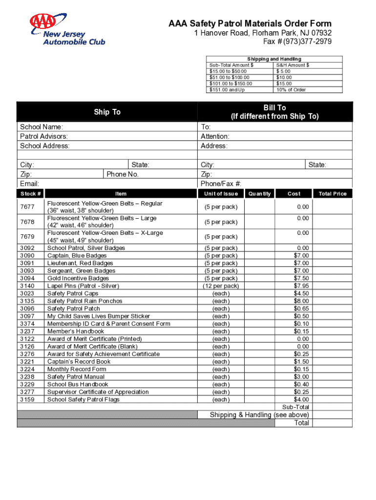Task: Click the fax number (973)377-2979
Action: (297, 42)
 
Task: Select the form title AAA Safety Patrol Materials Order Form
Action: (250, 23)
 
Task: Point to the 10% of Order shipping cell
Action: (291, 90)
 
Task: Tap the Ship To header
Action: (107, 112)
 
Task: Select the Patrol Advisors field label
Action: (44, 136)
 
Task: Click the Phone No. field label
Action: (123, 174)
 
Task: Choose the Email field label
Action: (29, 184)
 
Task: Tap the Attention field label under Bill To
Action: (215, 136)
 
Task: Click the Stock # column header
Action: (30, 194)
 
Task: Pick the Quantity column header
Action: (259, 194)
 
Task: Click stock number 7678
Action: (27, 222)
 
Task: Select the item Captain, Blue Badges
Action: (77, 255)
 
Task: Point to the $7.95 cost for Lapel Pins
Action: (301, 286)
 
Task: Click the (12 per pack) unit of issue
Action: (221, 286)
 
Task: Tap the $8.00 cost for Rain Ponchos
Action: (301, 301)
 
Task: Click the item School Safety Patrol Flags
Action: (83, 399)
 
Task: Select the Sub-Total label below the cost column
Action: (295, 407)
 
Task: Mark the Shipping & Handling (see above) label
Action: (259, 415)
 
